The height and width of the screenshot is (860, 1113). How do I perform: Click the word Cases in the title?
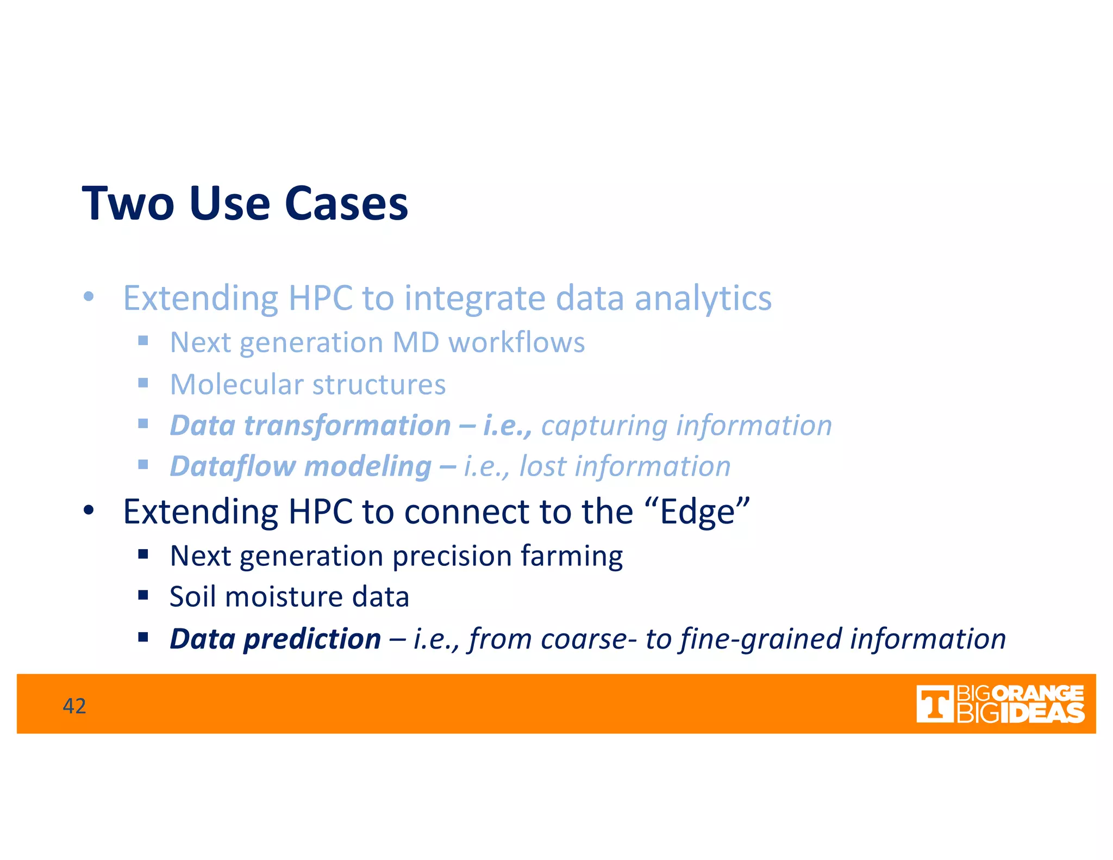coord(346,203)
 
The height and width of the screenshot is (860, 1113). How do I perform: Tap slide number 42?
coord(74,706)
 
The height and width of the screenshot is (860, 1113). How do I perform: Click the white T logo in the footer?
coord(934,704)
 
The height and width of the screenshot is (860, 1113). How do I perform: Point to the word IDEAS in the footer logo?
coord(1042,713)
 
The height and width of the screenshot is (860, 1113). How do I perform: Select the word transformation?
coord(348,425)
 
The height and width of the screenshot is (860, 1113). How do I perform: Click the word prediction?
coord(312,639)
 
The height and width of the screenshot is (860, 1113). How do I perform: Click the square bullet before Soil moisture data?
coord(143,595)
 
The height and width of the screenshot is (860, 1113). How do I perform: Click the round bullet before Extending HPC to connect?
coord(89,511)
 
